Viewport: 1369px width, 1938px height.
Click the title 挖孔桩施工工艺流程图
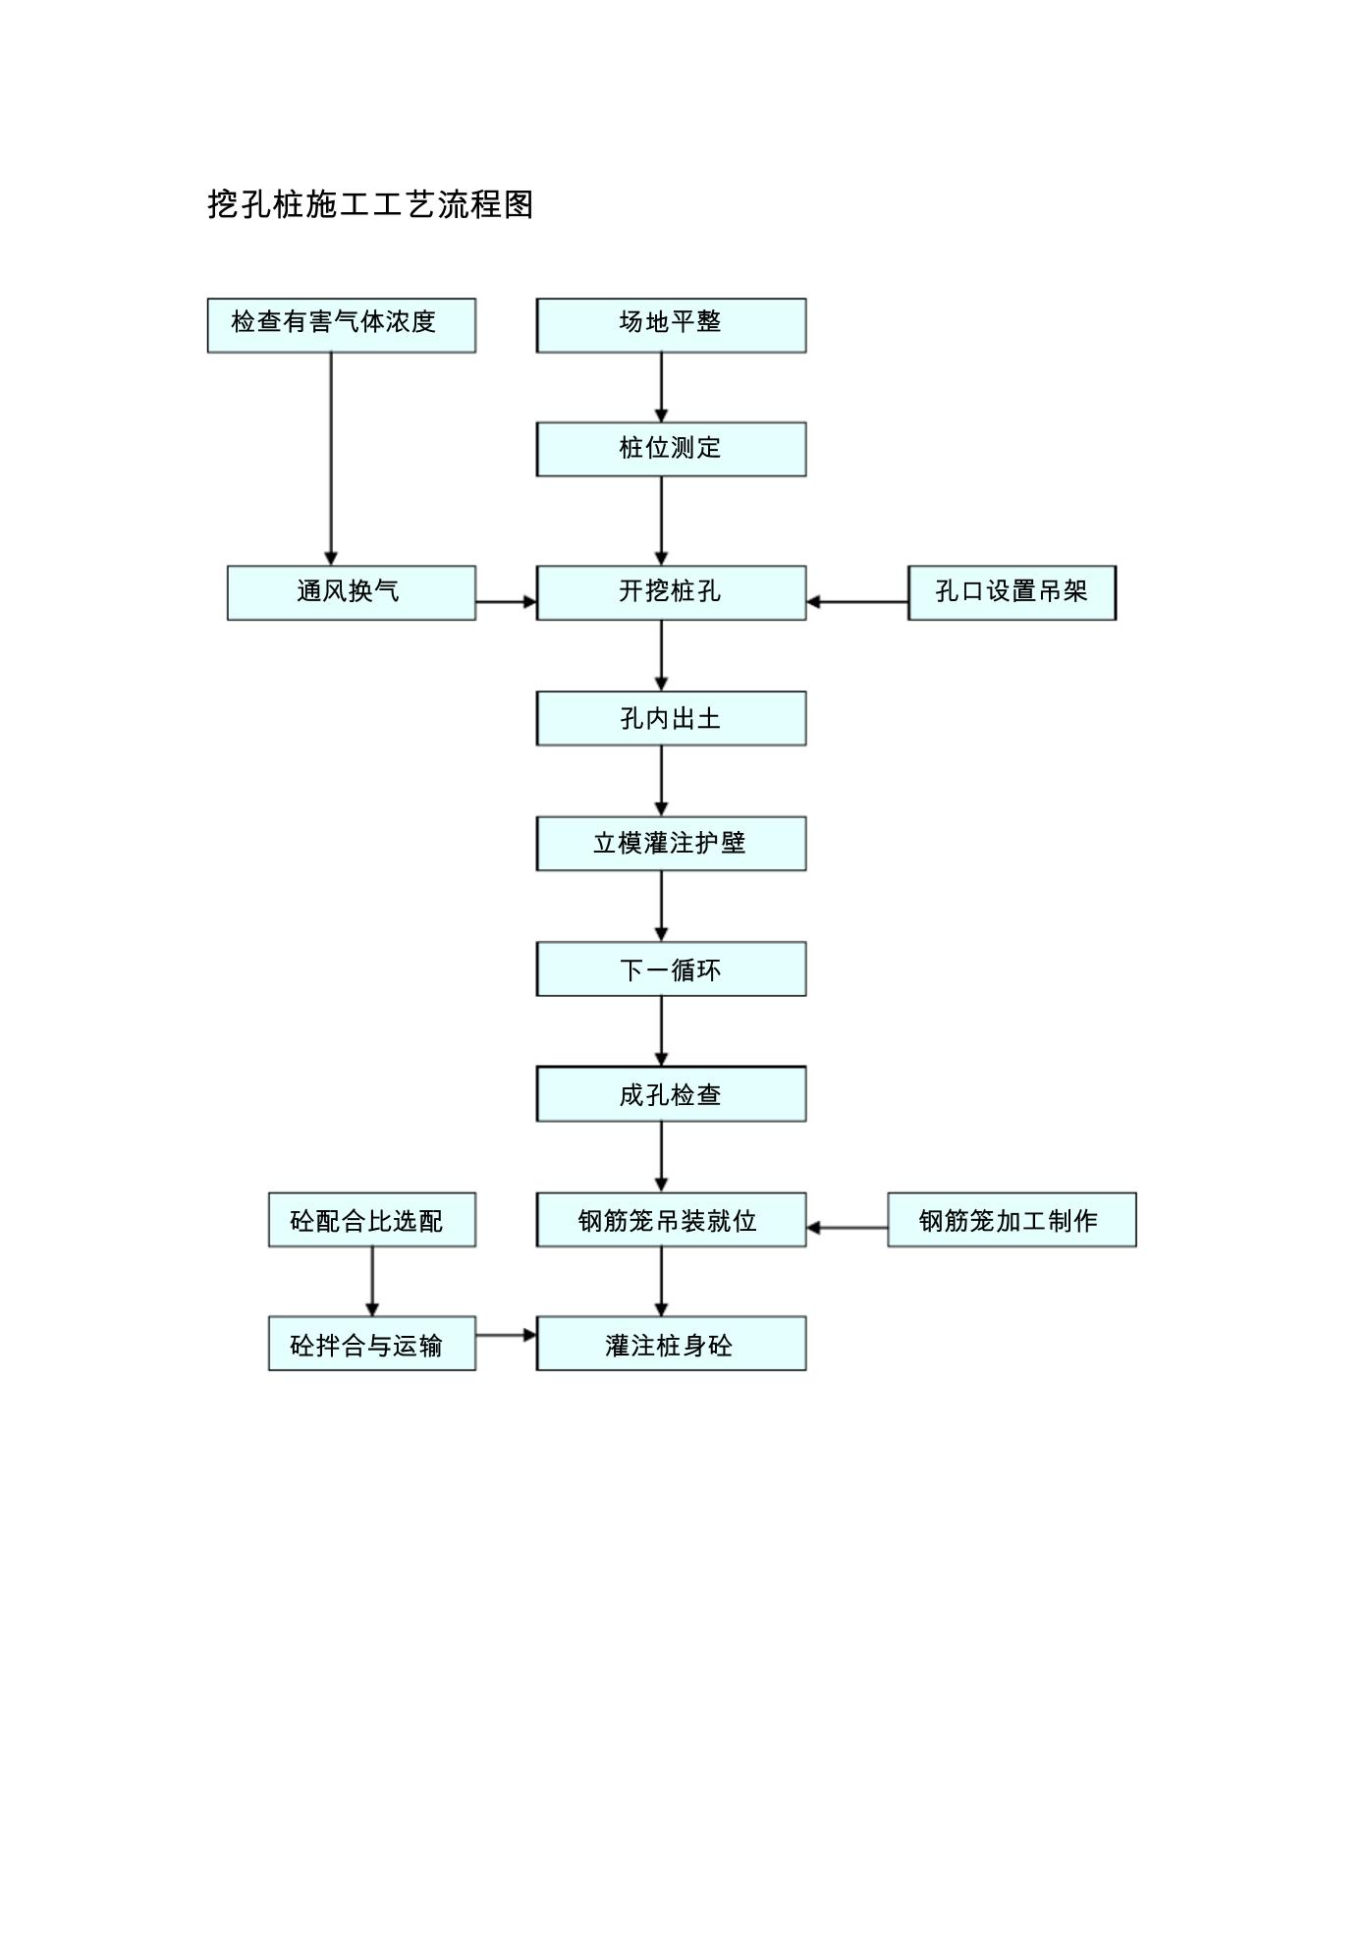tap(370, 204)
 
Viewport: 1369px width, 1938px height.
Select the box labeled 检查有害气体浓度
tap(342, 325)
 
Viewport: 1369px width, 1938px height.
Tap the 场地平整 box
tap(671, 325)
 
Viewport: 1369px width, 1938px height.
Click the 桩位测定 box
tap(671, 449)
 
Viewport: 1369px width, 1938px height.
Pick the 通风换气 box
tap(352, 592)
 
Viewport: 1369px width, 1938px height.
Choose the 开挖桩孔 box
tap(671, 592)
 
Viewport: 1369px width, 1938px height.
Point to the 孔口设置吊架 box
tap(1012, 592)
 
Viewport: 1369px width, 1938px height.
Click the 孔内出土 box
tap(671, 718)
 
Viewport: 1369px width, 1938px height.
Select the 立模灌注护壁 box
tap(671, 843)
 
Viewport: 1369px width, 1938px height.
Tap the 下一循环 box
tap(671, 969)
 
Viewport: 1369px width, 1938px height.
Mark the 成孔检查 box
tap(671, 1093)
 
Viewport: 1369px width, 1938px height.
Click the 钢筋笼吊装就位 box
tap(671, 1220)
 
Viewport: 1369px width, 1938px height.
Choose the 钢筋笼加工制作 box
tap(1012, 1220)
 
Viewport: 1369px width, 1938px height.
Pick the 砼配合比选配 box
tap(372, 1220)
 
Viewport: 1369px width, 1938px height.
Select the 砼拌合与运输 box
tap(372, 1344)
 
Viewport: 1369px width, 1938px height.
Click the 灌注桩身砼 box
tap(671, 1344)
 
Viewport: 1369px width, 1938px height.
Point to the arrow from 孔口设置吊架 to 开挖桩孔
tap(856, 601)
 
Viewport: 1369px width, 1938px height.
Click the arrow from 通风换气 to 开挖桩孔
tap(507, 601)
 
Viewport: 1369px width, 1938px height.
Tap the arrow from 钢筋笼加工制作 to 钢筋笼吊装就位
tap(847, 1228)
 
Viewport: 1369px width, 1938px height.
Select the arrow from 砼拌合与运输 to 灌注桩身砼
tap(507, 1335)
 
